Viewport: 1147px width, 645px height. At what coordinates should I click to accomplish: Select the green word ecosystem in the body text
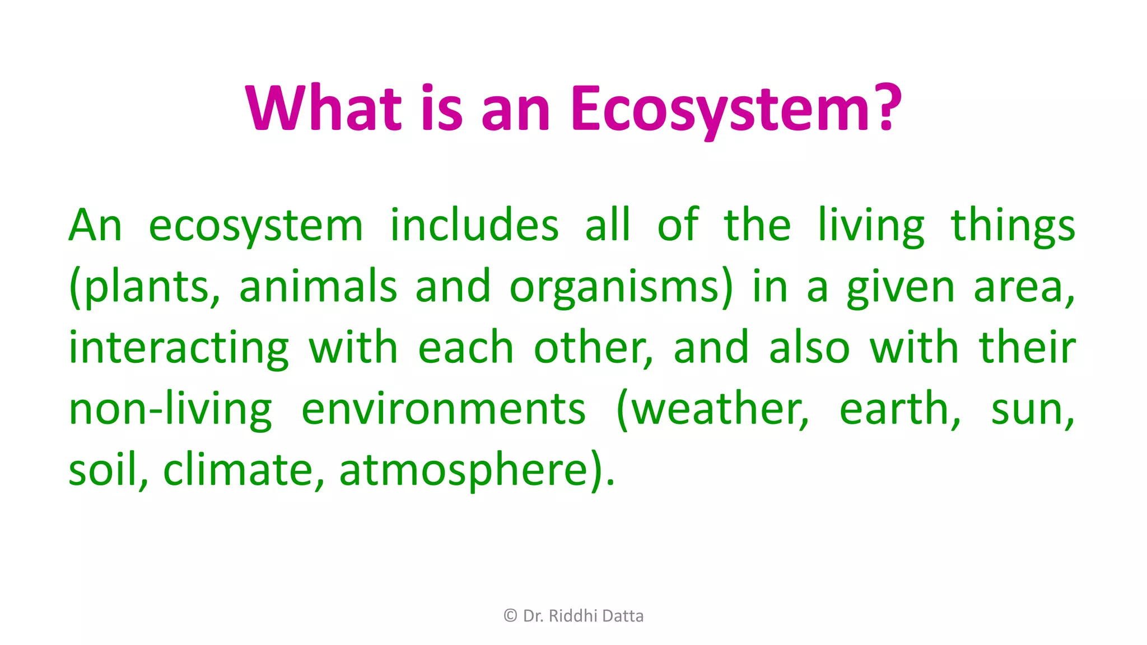pos(256,227)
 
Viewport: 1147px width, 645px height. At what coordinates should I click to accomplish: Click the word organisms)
pos(621,287)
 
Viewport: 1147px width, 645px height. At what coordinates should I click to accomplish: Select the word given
pos(900,287)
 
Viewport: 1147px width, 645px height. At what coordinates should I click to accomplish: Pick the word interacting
pos(179,348)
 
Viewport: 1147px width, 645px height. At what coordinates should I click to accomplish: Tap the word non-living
pos(170,409)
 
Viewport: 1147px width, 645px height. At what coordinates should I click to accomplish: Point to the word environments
pos(443,409)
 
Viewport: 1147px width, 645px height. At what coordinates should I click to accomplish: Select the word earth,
pos(899,409)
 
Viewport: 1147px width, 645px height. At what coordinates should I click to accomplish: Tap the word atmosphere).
pos(477,470)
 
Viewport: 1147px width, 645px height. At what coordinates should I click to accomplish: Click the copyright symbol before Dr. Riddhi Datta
pos(510,616)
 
